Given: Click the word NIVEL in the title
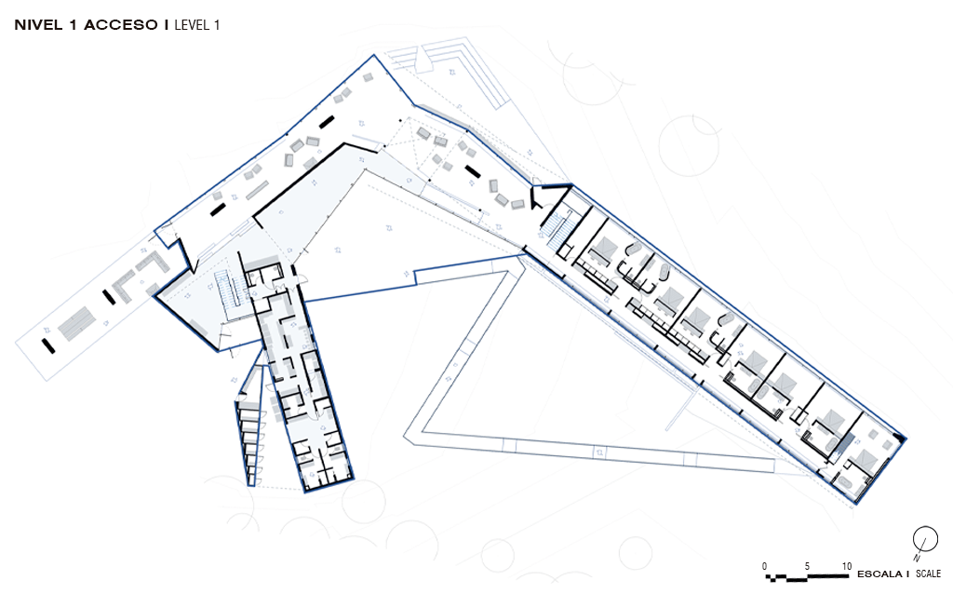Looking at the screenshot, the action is click(x=37, y=25).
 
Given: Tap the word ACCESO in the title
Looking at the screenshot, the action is click(x=121, y=25).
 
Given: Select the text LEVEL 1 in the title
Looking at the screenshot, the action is click(x=197, y=25).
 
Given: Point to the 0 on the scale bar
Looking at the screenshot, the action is click(x=765, y=566).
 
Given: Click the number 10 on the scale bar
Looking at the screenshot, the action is click(x=846, y=566).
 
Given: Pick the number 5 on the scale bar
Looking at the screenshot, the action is click(x=807, y=566).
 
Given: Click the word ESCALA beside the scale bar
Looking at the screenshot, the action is click(x=879, y=574).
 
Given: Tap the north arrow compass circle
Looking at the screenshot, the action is click(x=925, y=539).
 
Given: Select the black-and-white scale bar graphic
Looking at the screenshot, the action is click(x=807, y=576).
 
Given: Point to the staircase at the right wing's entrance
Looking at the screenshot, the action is click(x=559, y=228).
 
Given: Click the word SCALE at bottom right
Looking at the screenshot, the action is click(x=928, y=574).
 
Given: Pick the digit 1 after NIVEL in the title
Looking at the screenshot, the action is click(x=73, y=25).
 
